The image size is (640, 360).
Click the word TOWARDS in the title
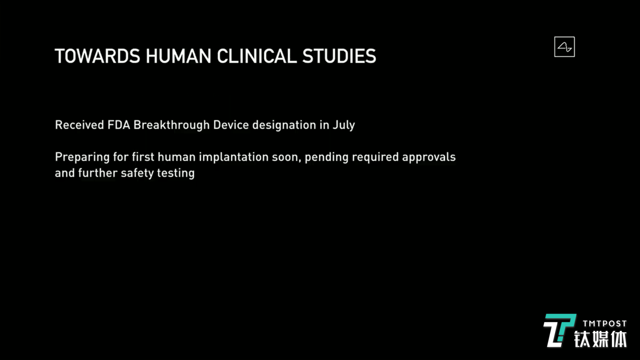[x=98, y=56]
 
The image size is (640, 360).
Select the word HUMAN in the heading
[x=178, y=56]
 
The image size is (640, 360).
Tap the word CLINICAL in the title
[x=257, y=56]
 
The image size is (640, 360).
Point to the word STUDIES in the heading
[x=339, y=56]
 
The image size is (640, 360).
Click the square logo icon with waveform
[x=564, y=47]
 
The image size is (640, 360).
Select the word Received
[x=80, y=125]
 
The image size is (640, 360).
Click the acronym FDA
[x=119, y=125]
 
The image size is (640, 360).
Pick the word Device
[x=231, y=125]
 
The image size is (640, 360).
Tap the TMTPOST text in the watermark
[x=605, y=324]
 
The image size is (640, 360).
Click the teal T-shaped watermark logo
[x=559, y=330]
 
